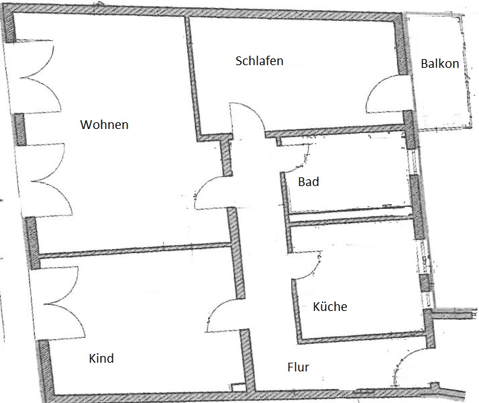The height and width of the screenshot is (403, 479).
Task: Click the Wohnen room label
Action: point(104,124)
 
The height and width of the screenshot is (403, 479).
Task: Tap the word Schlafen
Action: point(260,61)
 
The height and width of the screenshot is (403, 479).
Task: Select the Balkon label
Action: point(440,64)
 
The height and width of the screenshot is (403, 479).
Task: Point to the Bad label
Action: point(309,181)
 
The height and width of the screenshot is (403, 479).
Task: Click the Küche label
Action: point(330,306)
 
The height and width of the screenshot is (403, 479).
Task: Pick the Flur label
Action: point(298,367)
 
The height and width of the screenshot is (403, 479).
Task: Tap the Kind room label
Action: point(101,358)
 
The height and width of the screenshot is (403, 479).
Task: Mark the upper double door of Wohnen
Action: point(40,77)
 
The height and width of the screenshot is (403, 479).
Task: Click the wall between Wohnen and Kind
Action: point(134,249)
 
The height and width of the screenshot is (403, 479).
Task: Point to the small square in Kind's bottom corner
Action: point(237,387)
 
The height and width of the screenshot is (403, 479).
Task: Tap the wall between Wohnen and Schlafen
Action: point(192,78)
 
